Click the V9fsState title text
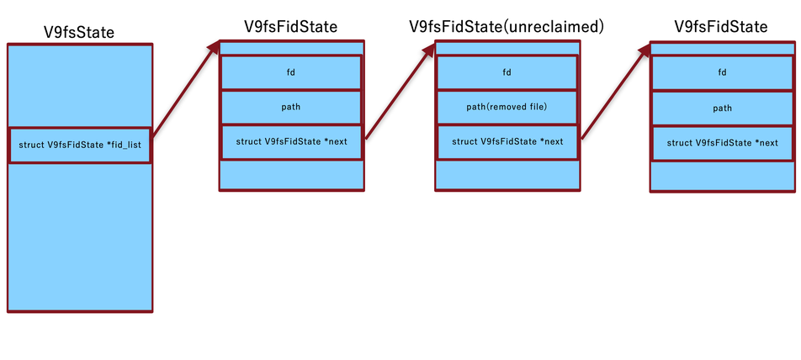(x=79, y=33)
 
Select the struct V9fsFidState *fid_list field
(x=79, y=146)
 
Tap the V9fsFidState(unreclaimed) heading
(x=507, y=27)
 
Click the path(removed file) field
(x=507, y=107)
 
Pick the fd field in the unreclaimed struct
(x=507, y=72)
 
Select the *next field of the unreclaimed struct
(x=507, y=141)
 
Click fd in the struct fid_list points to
(x=291, y=72)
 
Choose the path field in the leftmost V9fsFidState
(x=291, y=107)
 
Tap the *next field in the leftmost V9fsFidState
(x=291, y=141)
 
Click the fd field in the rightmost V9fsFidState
(x=722, y=72)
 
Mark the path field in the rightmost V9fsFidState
(x=722, y=108)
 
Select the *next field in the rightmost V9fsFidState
(x=722, y=142)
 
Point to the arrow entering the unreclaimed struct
(x=400, y=93)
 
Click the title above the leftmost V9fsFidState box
(x=291, y=27)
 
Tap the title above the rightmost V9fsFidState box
(x=721, y=27)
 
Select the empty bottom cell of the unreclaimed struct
(x=507, y=174)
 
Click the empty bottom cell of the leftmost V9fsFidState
(x=291, y=175)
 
